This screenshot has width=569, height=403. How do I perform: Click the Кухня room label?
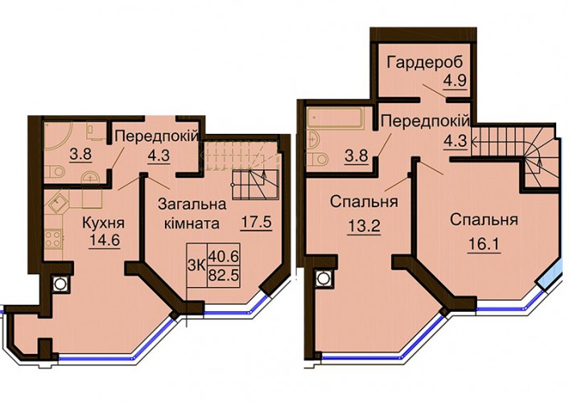tap(104, 223)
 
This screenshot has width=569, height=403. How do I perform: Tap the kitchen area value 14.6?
tap(104, 240)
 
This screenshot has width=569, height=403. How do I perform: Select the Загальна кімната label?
tap(192, 214)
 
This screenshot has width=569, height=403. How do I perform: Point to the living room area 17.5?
tap(257, 222)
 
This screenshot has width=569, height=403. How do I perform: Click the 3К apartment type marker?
tap(196, 266)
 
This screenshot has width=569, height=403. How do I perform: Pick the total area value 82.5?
tap(224, 276)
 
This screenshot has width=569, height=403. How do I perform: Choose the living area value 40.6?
tap(224, 257)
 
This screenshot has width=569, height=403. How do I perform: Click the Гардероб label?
tap(425, 63)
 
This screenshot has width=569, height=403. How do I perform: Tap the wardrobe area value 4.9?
tap(455, 80)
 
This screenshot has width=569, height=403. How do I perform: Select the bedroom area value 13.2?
tap(364, 226)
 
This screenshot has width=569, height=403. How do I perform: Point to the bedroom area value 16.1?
tap(484, 245)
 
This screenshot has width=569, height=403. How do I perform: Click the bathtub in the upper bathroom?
tap(335, 118)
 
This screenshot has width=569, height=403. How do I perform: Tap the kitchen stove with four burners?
tap(53, 239)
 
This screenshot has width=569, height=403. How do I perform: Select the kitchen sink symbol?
tap(57, 204)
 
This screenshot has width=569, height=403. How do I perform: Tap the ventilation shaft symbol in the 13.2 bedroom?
tap(322, 279)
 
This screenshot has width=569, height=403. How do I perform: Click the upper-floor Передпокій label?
tap(425, 121)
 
